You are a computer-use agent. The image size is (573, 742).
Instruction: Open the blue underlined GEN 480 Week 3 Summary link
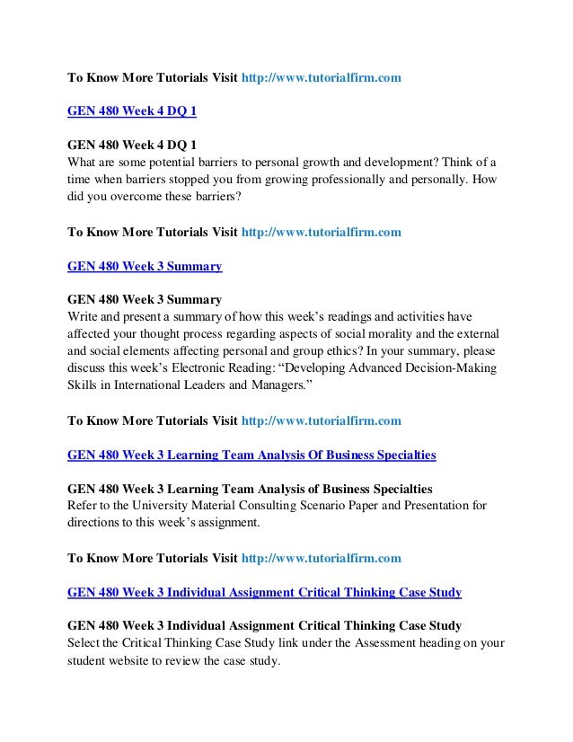[145, 266]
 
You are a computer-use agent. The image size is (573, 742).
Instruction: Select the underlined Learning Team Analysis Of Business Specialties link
[251, 455]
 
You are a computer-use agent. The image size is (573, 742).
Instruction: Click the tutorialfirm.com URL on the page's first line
[322, 78]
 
